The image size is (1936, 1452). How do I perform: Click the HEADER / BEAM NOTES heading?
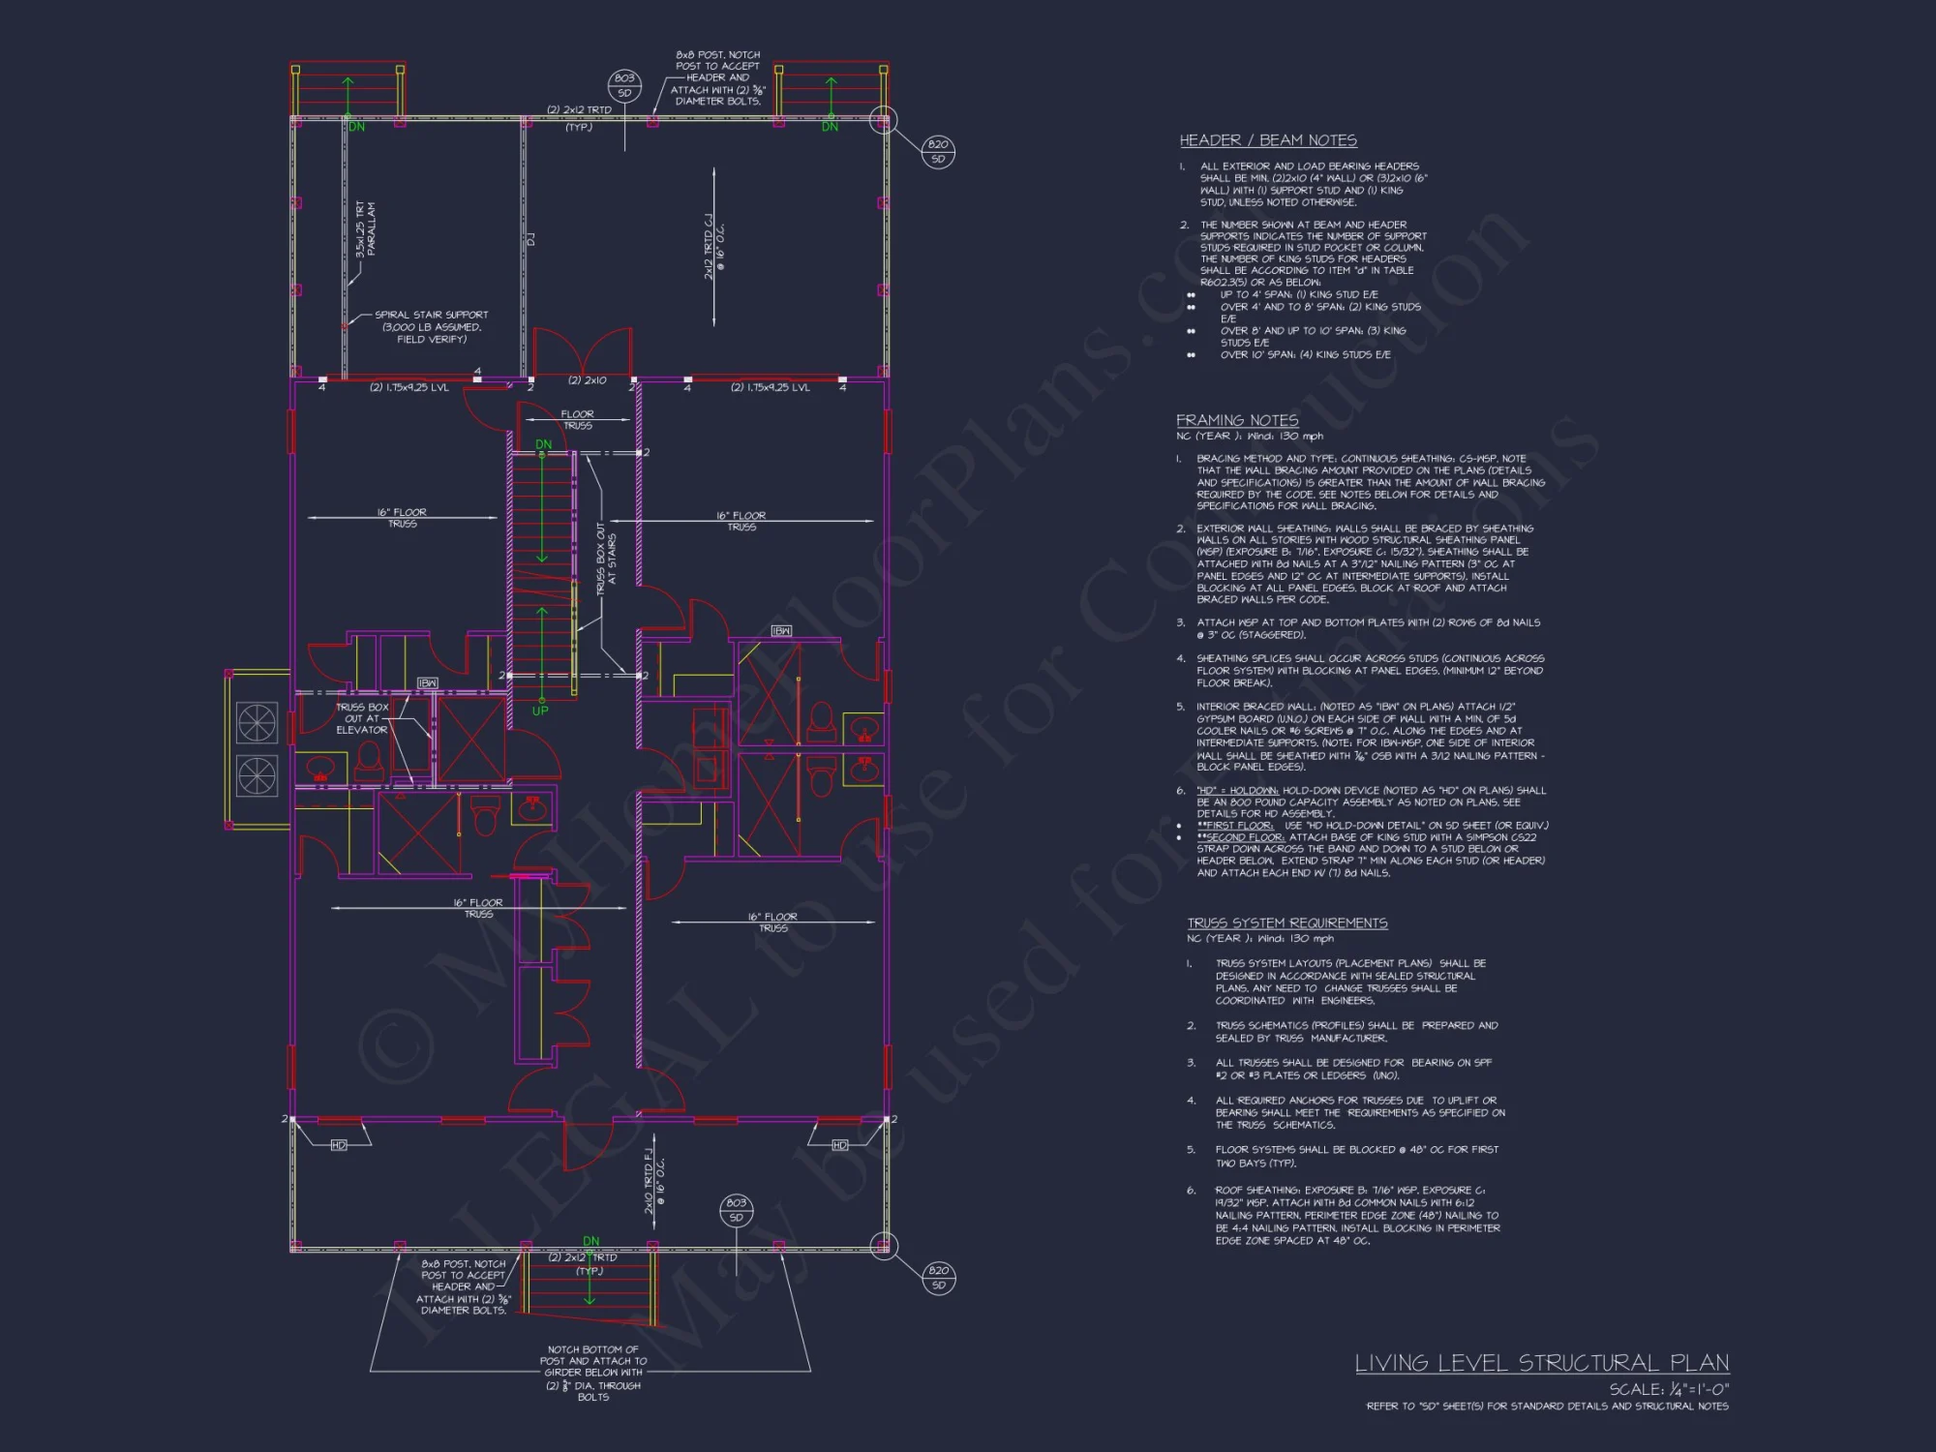[x=1267, y=140]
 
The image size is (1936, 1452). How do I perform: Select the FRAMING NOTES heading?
[x=1236, y=420]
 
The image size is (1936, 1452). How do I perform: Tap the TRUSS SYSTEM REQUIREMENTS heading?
[x=1286, y=923]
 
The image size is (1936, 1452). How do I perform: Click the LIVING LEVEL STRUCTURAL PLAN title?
[x=1541, y=1363]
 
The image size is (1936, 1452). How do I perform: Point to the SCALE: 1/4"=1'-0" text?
[x=1668, y=1389]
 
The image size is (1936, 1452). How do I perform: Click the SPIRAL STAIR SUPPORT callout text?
[x=431, y=326]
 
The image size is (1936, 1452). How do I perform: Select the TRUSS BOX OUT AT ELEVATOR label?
[x=361, y=718]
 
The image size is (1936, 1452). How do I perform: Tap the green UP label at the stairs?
[x=540, y=711]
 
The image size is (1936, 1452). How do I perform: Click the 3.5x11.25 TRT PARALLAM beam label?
[x=365, y=228]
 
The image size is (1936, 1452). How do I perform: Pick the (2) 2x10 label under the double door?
[x=587, y=380]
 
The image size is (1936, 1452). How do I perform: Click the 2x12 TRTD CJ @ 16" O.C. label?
[x=713, y=247]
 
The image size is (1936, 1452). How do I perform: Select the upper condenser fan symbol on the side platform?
[x=257, y=722]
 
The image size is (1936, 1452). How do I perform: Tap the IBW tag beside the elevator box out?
[x=427, y=683]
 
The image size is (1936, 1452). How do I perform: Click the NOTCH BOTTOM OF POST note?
[x=592, y=1373]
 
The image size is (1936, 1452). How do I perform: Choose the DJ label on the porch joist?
[x=530, y=239]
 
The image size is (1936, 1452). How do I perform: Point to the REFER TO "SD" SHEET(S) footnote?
[x=1546, y=1407]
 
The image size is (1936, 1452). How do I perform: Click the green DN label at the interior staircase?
[x=543, y=444]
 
